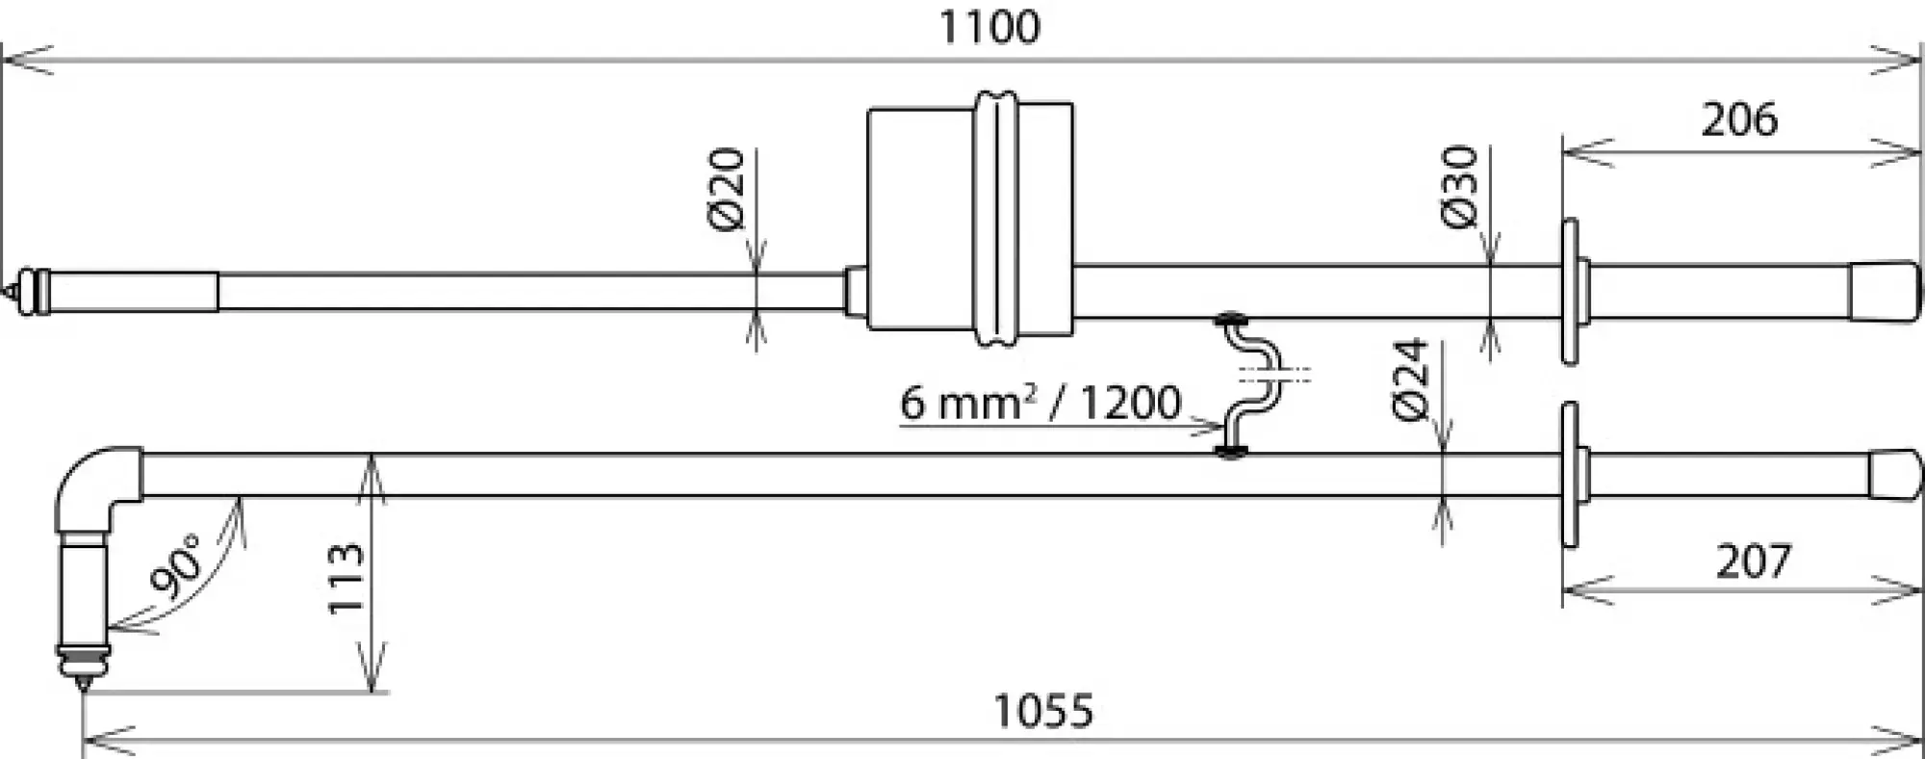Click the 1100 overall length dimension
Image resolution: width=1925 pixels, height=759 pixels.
988,27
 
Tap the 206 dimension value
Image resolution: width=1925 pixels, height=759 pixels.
1739,120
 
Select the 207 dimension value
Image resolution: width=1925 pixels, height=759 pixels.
1753,562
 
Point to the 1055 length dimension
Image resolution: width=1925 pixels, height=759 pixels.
1043,712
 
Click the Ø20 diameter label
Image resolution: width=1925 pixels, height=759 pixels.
728,189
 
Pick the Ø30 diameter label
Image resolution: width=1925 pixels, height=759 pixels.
1460,187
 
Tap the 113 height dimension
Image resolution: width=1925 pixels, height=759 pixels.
346,578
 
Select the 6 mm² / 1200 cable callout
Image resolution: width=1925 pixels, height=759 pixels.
1039,403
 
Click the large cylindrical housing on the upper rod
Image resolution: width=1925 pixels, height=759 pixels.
969,219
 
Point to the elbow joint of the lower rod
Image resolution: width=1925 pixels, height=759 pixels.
98,485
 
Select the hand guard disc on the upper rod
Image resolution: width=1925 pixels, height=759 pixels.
1570,292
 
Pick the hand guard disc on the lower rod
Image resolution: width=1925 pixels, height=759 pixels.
1570,475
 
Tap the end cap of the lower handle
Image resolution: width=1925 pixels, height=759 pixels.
1894,475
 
